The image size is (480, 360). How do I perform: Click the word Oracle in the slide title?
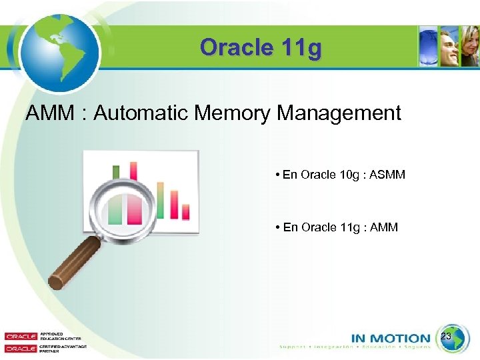(229, 48)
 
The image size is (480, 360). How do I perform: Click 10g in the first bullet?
(346, 175)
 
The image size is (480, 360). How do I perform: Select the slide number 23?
(447, 337)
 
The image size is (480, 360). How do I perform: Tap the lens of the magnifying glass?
(127, 207)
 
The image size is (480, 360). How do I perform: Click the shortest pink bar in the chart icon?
(185, 212)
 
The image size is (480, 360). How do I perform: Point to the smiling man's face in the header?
(451, 48)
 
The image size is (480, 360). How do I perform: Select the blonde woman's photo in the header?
(471, 48)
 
